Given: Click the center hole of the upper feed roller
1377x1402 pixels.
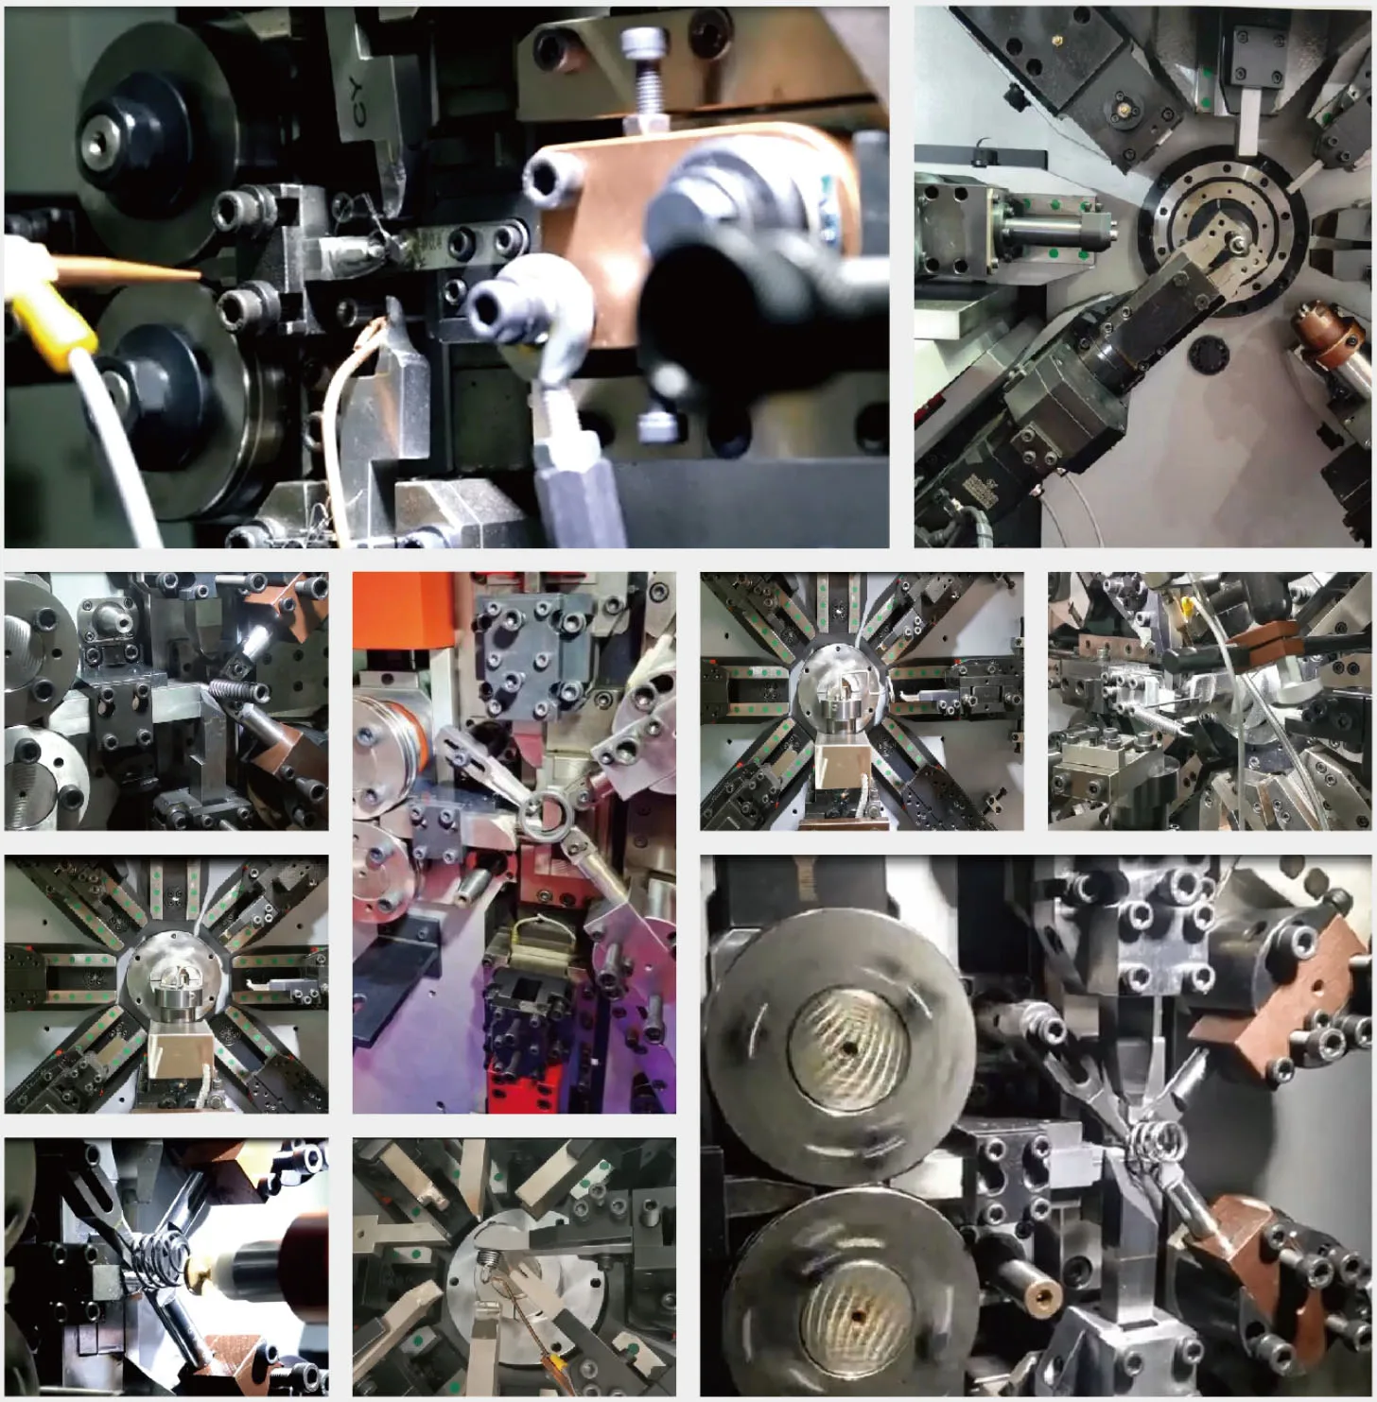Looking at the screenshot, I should (848, 1047).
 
